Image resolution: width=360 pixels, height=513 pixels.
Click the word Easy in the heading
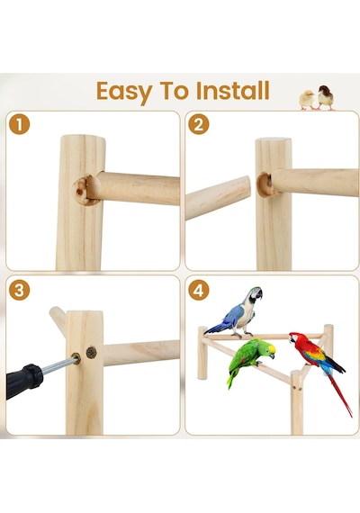[124, 92]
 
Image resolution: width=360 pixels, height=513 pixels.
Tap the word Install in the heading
[233, 90]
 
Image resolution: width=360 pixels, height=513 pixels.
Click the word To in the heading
[174, 90]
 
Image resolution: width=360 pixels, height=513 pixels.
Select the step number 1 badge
[19, 124]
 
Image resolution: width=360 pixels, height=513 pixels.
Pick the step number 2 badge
[199, 124]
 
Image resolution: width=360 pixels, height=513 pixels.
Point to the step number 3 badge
[19, 290]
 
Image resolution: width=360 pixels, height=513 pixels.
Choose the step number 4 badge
[199, 290]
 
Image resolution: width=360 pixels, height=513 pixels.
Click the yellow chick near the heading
[307, 100]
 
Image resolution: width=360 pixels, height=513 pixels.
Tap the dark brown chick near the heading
[325, 97]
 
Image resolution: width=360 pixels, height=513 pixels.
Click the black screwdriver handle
[23, 381]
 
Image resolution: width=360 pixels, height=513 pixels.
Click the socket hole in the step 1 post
[81, 191]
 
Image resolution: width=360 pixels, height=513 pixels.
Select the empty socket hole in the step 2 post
[265, 184]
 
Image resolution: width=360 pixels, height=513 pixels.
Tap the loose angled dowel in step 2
[218, 198]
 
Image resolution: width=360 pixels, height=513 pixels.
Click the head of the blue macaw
[255, 294]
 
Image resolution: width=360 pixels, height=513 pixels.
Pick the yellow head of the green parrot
[269, 350]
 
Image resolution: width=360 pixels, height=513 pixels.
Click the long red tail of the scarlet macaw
[340, 395]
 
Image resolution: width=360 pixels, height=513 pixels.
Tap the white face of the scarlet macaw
[294, 338]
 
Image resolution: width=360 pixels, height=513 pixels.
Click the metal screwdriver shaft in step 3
[58, 365]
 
